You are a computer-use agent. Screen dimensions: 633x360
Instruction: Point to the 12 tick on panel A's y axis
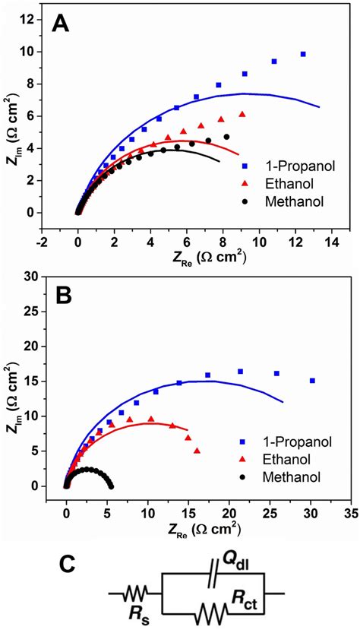(30, 20)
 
